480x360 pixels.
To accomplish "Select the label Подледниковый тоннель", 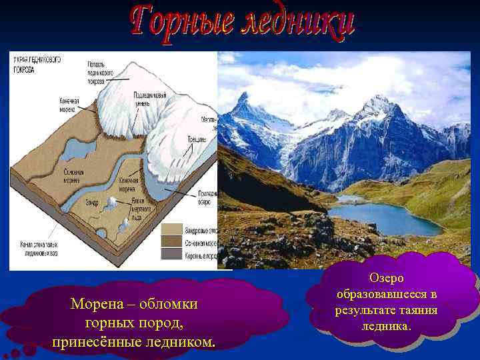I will pyautogui.click(x=150, y=100).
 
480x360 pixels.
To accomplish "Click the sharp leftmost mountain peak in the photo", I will pyautogui.click(x=243, y=97).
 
